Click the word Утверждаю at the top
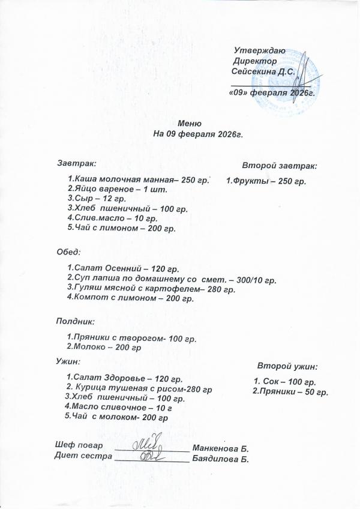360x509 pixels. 259,51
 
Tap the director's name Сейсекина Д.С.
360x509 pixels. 263,71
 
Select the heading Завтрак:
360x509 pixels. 76,162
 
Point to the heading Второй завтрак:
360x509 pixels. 280,164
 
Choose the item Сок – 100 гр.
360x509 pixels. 284,382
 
